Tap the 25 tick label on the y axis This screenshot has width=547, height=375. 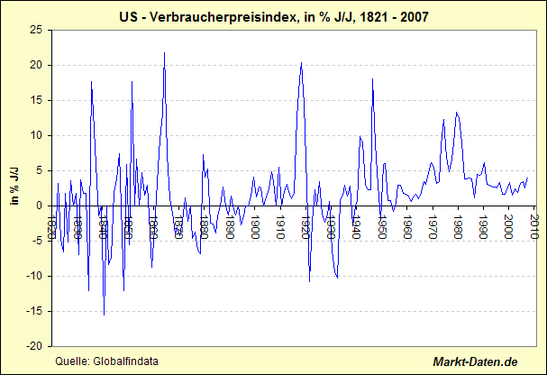pyautogui.click(x=35, y=30)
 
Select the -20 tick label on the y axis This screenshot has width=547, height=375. pyautogui.click(x=33, y=346)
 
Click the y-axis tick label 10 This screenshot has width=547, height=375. pyautogui.click(x=35, y=135)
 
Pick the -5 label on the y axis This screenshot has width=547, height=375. pyautogui.click(x=36, y=241)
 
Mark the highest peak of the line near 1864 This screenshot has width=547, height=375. pyautogui.click(x=164, y=52)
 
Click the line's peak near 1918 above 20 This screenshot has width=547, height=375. pyautogui.click(x=301, y=62)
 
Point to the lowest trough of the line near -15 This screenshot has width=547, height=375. pyautogui.click(x=104, y=315)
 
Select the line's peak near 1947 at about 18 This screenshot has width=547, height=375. pyautogui.click(x=372, y=79)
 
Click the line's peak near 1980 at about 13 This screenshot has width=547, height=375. pyautogui.click(x=457, y=113)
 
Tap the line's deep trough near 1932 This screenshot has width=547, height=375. pyautogui.click(x=337, y=279)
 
